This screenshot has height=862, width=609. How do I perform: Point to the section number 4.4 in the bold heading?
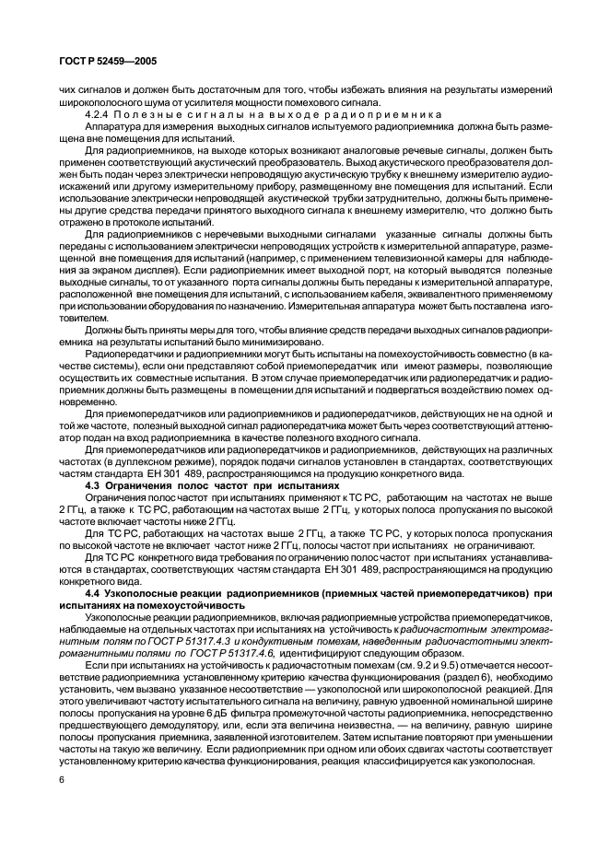pos(95,594)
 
